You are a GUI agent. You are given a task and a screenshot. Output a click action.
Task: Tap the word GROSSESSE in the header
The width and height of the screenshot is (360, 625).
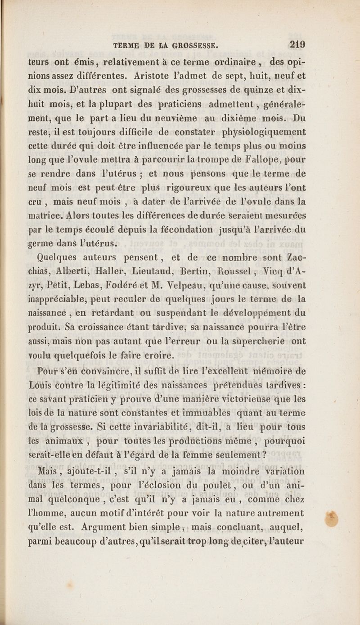tap(192, 45)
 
